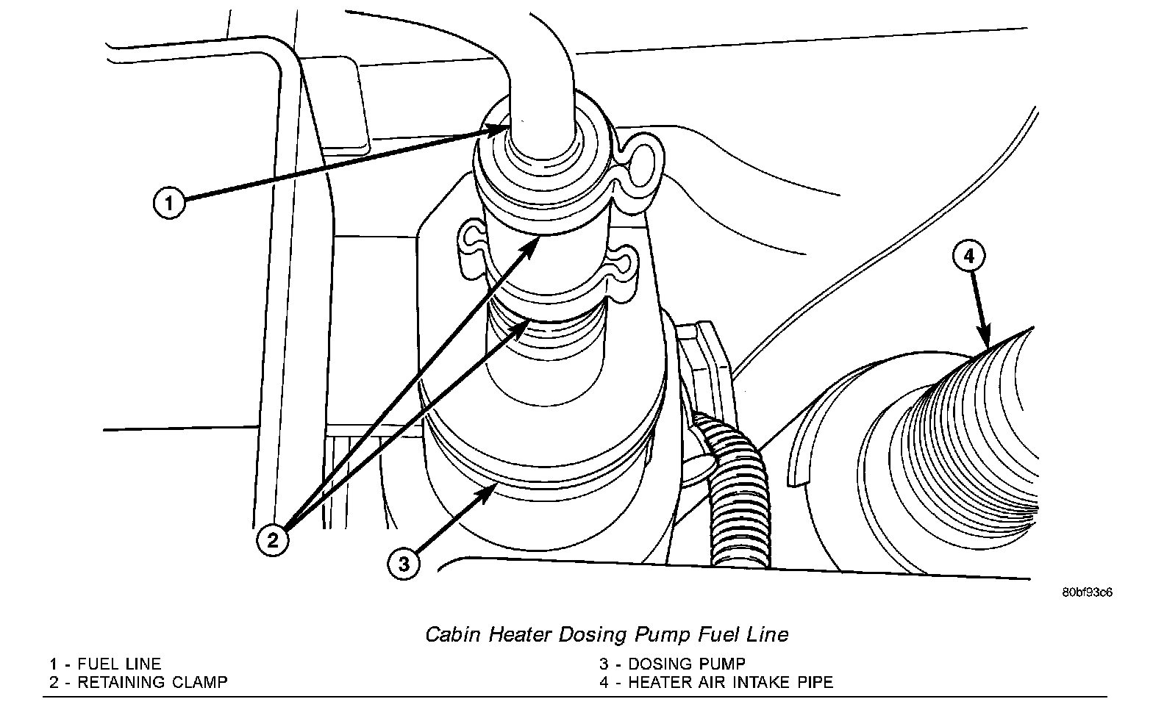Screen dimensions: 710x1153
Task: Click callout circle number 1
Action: [170, 202]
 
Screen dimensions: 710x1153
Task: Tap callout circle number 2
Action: [273, 542]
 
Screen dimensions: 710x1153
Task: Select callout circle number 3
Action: [404, 564]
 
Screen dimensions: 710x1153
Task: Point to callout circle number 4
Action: [968, 256]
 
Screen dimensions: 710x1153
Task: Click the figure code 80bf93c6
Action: [1086, 592]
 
